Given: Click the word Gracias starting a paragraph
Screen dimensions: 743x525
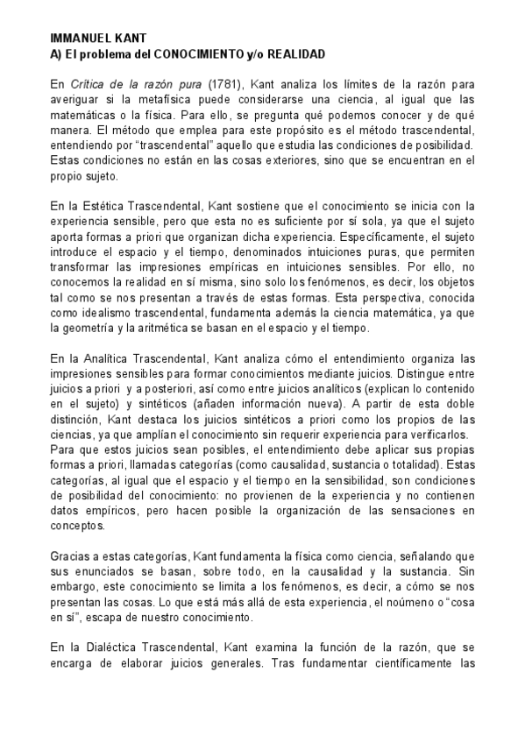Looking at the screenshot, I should tap(69, 557).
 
